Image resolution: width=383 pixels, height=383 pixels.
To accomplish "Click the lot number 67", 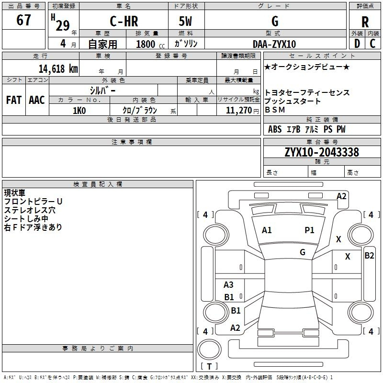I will tap(23, 21).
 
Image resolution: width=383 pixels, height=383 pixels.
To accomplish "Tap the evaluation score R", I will tap(365, 22).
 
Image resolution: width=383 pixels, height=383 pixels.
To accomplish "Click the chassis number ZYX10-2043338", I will tap(322, 152).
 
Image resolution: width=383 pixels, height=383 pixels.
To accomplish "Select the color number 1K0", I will tap(79, 110).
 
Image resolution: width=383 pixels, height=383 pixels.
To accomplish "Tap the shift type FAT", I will tap(13, 100).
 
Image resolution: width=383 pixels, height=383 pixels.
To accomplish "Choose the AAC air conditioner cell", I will tap(37, 100).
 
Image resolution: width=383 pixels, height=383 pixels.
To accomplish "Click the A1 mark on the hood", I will tap(267, 230).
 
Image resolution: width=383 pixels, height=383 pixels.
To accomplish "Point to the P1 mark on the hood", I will tap(310, 230).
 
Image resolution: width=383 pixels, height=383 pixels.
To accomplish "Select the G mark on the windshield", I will tap(303, 252).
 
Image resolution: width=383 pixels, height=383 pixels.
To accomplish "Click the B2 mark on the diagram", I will tap(369, 256).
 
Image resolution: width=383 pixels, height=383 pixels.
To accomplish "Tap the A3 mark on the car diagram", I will tap(229, 285).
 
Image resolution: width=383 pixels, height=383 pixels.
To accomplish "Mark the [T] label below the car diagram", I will tap(209, 367).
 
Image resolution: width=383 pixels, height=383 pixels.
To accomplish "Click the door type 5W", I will tap(186, 22).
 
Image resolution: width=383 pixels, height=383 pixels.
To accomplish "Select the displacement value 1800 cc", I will tap(148, 44).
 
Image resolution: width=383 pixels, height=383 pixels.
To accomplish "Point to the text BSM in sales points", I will tap(275, 110).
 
